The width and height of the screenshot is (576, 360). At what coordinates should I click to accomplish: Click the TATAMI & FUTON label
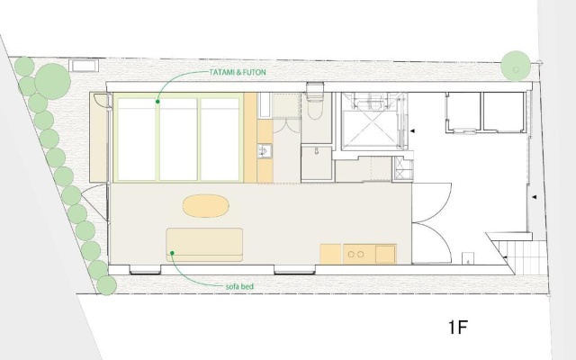[x=238, y=72]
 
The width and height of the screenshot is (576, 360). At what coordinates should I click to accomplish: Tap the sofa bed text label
[x=239, y=286]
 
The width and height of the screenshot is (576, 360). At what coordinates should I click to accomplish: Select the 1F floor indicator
[x=458, y=327]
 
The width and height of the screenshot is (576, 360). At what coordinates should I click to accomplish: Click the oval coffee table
[x=206, y=206]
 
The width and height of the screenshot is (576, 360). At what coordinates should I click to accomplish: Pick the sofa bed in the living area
[x=204, y=245]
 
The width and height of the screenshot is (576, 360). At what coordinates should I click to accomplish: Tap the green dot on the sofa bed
[x=172, y=253]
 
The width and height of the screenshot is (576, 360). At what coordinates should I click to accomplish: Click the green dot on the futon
[x=157, y=102]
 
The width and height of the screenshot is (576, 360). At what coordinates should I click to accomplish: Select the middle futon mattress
[x=178, y=139]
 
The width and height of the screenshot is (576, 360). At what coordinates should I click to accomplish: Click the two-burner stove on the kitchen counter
[x=356, y=254]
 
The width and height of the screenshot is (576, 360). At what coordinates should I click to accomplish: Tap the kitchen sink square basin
[x=385, y=254]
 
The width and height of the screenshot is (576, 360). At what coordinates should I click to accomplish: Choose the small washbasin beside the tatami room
[x=265, y=150]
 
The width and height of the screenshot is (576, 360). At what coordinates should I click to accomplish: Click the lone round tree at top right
[x=516, y=66]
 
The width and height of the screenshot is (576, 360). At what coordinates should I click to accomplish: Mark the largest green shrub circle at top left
[x=52, y=81]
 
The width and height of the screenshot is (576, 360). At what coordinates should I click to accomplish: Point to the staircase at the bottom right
[x=525, y=257]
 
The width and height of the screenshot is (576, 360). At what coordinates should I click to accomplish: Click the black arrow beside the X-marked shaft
[x=412, y=130]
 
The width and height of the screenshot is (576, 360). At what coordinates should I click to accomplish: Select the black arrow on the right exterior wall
[x=535, y=197]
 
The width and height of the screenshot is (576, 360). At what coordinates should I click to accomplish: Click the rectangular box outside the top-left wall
[x=84, y=66]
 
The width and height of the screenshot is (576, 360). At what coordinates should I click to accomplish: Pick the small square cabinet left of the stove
[x=330, y=254]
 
